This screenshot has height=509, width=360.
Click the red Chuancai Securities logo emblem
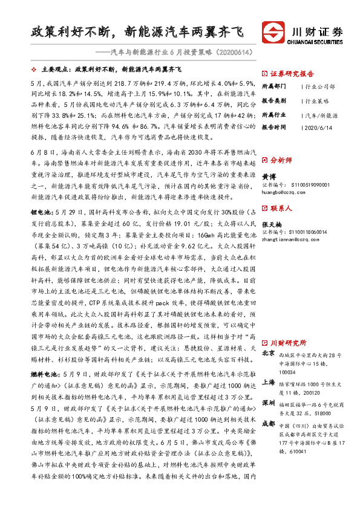coord(274,31)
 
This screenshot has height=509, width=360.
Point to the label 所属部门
coord(275,86)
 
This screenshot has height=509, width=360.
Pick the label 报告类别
coord(275,100)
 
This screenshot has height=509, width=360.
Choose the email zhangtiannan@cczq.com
coord(290,239)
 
